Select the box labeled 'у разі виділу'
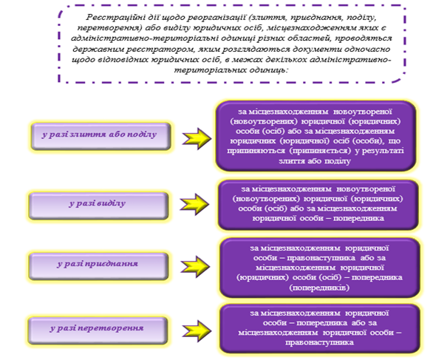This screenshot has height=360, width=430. point(98,206)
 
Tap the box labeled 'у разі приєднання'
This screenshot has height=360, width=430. point(98,266)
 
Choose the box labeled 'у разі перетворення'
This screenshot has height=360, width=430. point(98,330)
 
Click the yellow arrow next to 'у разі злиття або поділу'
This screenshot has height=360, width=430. point(197,138)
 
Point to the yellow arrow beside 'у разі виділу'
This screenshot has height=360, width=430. point(194,204)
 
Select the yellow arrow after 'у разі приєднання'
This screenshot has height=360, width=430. point(195,266)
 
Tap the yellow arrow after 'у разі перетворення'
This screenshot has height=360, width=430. point(197,331)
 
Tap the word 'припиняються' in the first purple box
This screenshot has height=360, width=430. point(256,152)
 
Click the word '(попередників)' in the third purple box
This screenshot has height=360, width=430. point(319,288)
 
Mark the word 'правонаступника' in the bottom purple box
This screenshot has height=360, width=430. point(319,342)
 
